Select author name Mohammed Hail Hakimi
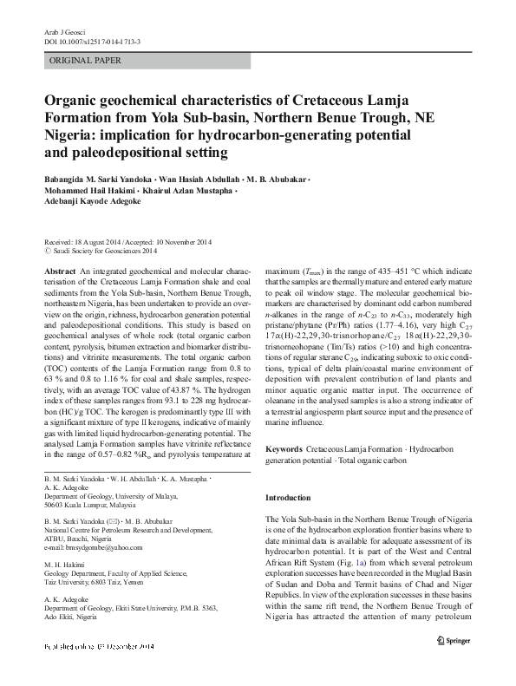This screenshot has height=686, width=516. (x=91, y=190)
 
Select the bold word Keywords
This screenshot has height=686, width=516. (x=284, y=448)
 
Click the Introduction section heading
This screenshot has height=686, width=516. (x=287, y=498)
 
